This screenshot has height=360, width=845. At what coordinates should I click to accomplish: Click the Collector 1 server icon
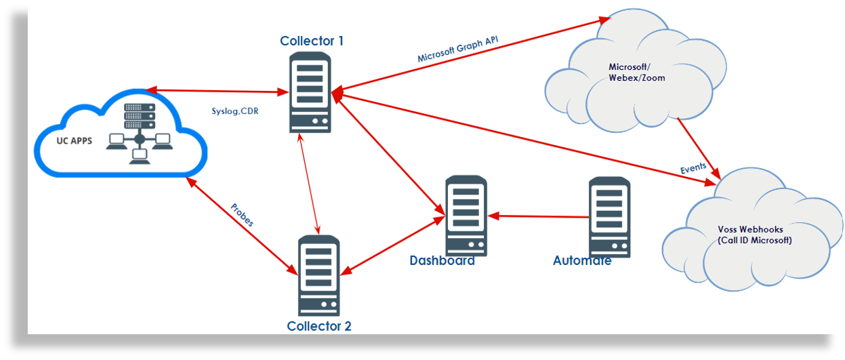(x=311, y=92)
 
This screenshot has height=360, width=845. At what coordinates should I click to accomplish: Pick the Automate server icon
(x=609, y=216)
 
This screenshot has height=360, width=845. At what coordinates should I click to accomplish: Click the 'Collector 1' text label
(x=312, y=41)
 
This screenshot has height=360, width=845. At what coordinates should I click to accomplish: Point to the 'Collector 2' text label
(x=319, y=326)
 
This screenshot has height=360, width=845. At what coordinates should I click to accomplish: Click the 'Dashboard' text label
(x=442, y=260)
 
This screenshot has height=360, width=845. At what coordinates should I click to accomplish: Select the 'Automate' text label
(x=582, y=260)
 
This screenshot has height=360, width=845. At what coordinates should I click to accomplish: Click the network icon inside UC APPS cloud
(x=139, y=133)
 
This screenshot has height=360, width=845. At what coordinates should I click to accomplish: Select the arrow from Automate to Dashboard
(x=539, y=217)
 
